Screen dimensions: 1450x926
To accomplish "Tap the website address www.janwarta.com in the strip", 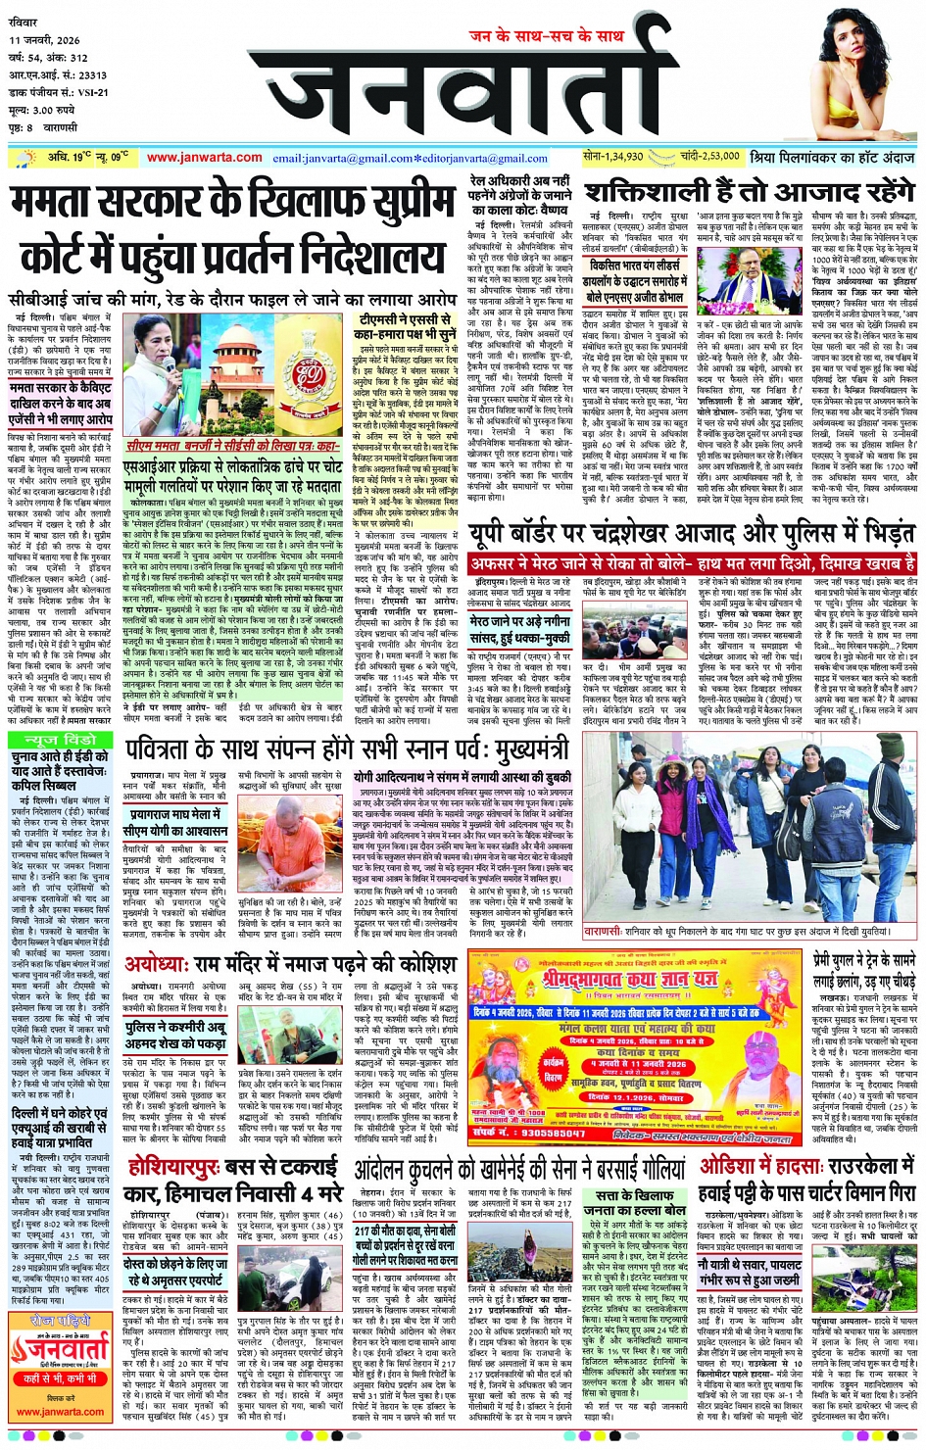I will [x=204, y=158].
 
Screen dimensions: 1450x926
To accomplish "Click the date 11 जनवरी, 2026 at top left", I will [x=45, y=41].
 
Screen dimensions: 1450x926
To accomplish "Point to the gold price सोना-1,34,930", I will [x=613, y=157].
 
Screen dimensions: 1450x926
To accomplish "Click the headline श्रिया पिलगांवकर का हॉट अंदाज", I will [x=832, y=158].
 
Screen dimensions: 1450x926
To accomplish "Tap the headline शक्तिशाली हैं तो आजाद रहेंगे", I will [x=749, y=191].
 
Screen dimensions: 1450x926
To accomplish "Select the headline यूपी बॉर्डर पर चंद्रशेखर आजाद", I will [x=691, y=535].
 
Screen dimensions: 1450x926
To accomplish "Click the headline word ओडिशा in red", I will [x=729, y=1167].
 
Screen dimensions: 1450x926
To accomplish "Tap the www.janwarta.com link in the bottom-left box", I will [x=61, y=1413].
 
